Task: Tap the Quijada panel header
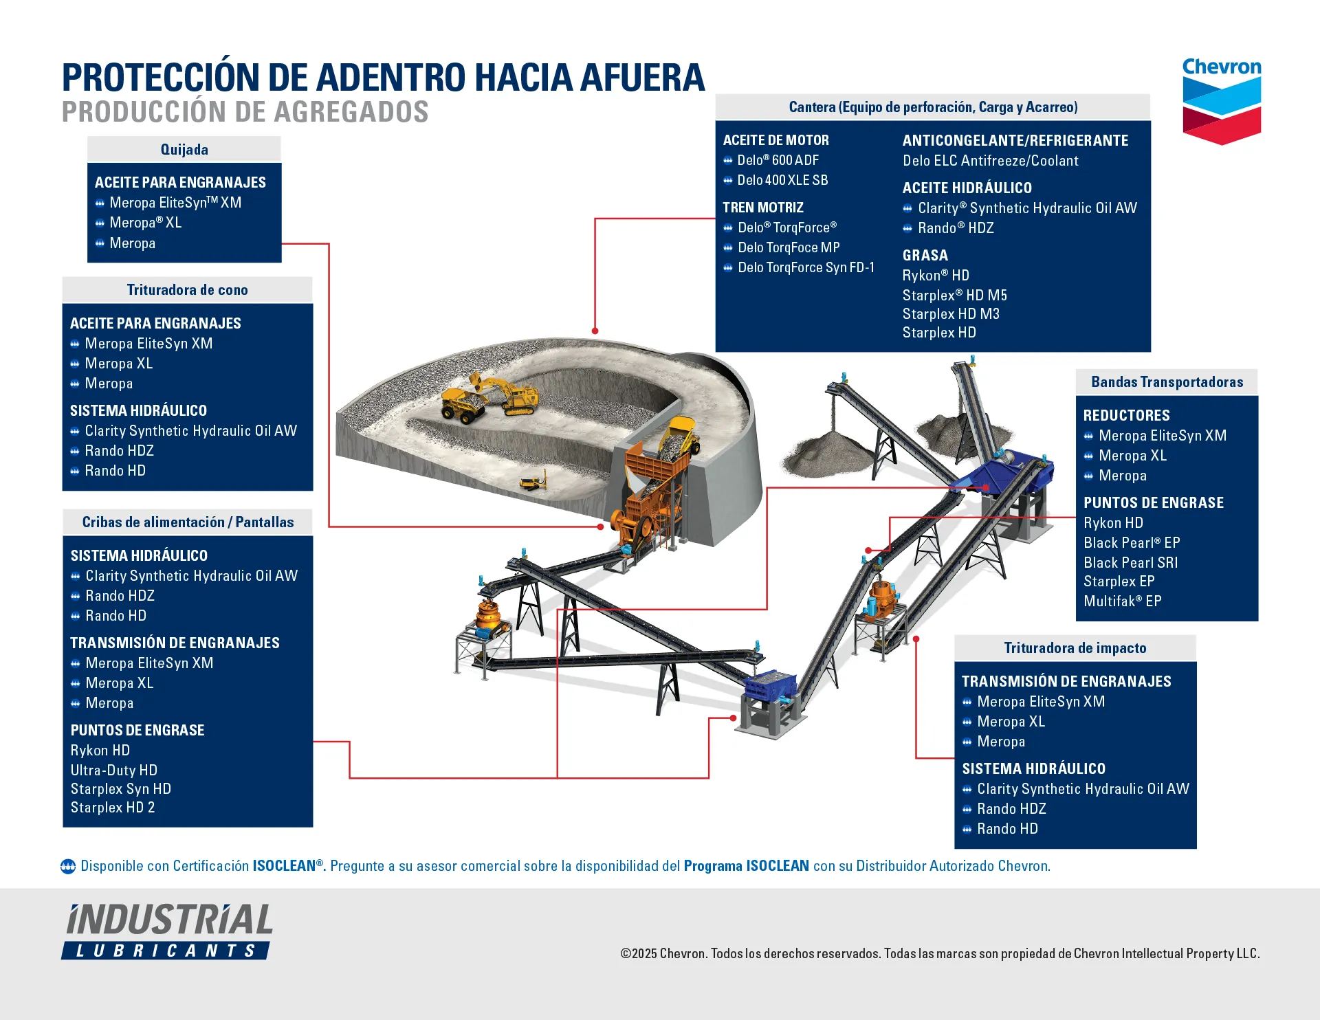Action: (184, 149)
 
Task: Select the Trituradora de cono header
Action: (187, 289)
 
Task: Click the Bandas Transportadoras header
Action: (1167, 381)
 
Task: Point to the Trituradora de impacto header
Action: (1075, 647)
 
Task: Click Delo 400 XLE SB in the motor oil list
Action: (782, 180)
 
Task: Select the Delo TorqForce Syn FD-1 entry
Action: (806, 267)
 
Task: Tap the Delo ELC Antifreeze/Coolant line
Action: (990, 161)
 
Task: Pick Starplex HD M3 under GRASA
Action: (951, 314)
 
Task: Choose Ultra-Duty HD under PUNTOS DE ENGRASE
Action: (113, 770)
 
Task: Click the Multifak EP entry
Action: (1122, 601)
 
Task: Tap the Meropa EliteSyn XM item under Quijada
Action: (175, 203)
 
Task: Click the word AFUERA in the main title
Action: (642, 77)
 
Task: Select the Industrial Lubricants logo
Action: (168, 931)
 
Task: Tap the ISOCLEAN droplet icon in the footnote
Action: (68, 866)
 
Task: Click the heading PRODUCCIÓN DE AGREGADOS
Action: (245, 112)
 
